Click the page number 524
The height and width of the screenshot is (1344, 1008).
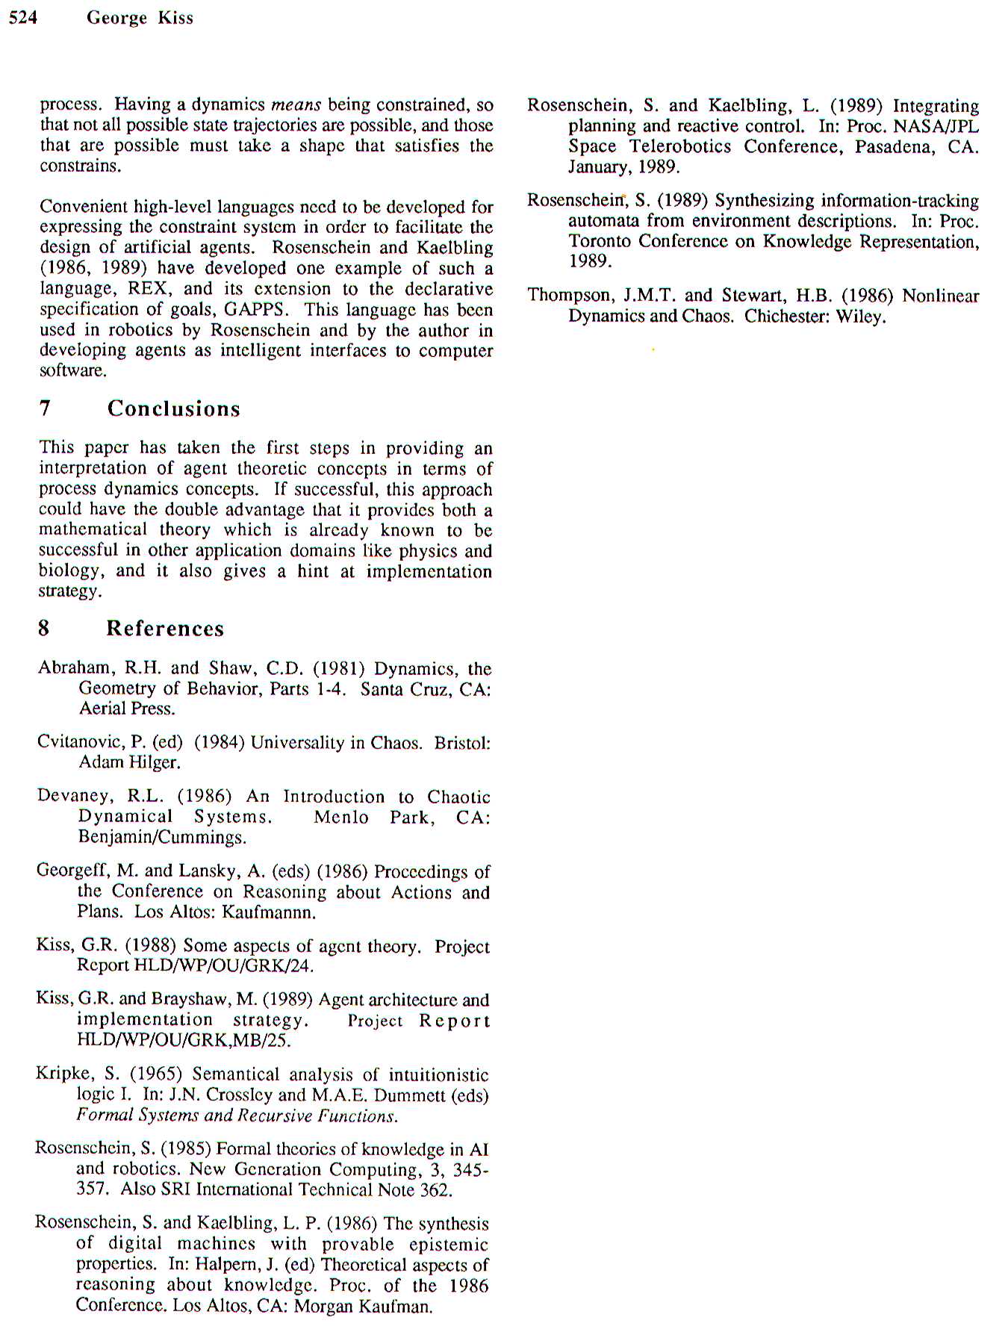[22, 17]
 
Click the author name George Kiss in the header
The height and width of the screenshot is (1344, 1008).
[140, 18]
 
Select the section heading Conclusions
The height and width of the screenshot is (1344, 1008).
[173, 408]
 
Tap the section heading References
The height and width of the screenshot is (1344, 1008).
[164, 629]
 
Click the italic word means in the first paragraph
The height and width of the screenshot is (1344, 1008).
[296, 105]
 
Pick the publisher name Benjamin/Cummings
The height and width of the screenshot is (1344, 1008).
[162, 837]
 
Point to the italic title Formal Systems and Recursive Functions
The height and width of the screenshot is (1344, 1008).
[237, 1116]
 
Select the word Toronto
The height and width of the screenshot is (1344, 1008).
[600, 241]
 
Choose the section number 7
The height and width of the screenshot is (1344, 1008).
[45, 408]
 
